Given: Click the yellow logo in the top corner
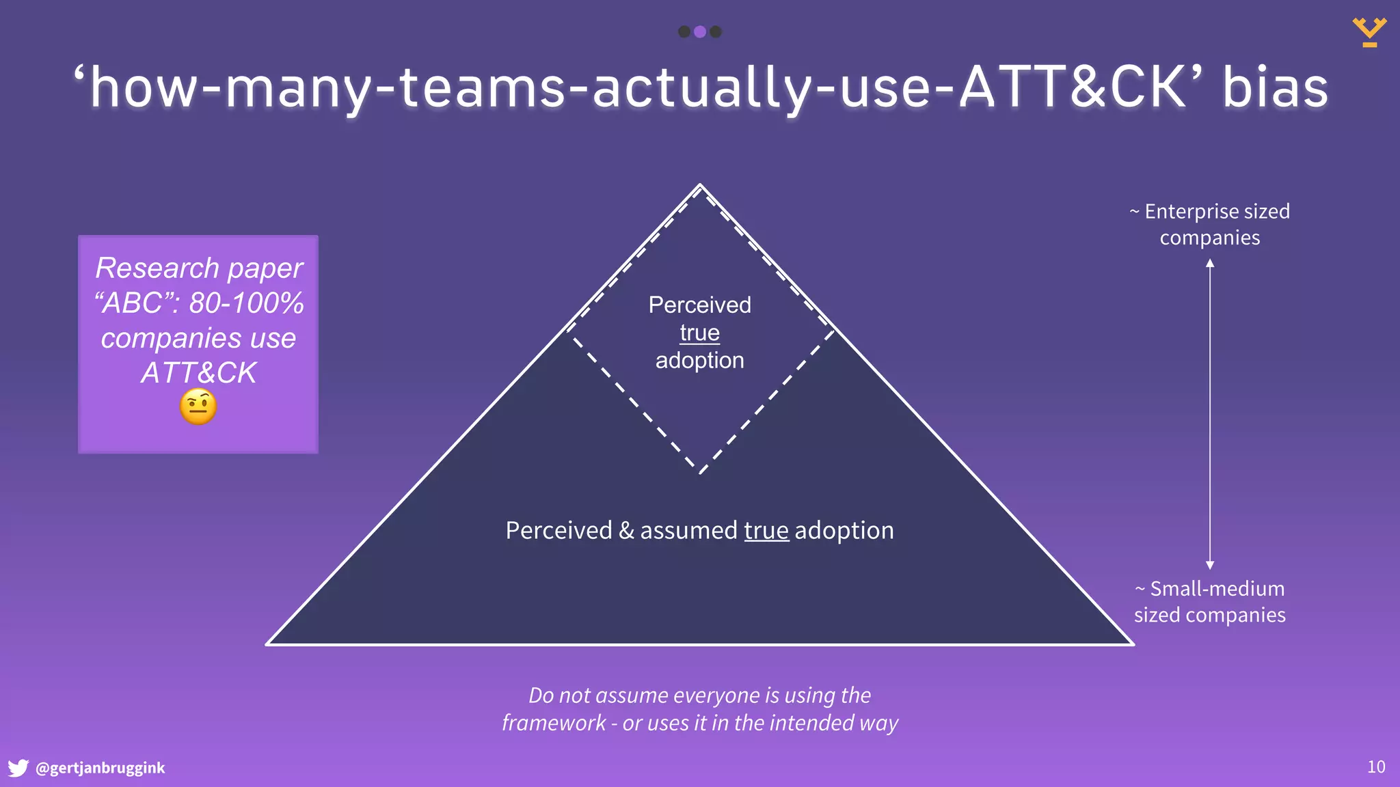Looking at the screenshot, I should click(1369, 32).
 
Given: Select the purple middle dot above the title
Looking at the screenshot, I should click(699, 31).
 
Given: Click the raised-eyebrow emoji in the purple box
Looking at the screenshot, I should click(198, 407).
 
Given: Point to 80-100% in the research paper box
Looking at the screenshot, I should click(246, 303).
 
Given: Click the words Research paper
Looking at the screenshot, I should click(199, 268).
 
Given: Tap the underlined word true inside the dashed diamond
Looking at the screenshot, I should click(699, 333).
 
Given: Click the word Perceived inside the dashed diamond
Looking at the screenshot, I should click(699, 305).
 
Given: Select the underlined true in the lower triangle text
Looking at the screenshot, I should click(766, 530).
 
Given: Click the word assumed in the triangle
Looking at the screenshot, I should click(689, 530).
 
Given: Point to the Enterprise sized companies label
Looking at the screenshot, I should click(1209, 224).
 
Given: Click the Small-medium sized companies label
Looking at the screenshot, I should click(1209, 601).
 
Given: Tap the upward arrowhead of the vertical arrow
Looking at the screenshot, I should click(1210, 264).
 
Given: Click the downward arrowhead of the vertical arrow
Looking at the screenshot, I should click(1210, 565).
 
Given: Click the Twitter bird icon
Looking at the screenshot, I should click(18, 768).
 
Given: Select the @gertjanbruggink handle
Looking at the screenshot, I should click(100, 768).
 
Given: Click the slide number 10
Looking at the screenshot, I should click(1376, 767).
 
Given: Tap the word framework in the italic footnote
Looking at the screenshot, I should click(554, 723).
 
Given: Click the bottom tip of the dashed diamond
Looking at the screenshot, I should click(701, 472).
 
